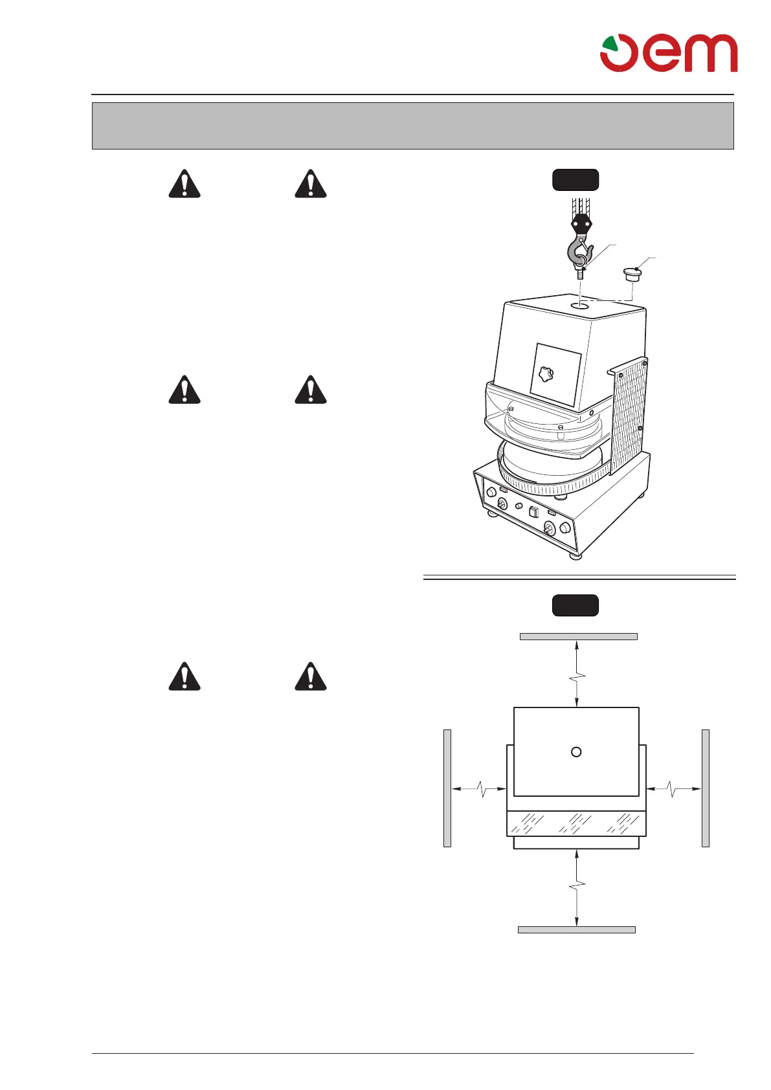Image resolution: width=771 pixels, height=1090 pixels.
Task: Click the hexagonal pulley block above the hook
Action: (x=581, y=224)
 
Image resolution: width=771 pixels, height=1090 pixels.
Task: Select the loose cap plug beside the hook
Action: (x=632, y=274)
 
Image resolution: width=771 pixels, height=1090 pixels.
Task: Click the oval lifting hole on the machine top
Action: (x=580, y=304)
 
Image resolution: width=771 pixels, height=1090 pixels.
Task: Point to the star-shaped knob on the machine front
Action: (x=546, y=374)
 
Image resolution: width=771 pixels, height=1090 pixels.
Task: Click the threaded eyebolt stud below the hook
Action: (x=580, y=274)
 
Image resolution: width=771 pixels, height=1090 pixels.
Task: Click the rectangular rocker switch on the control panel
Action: (x=533, y=513)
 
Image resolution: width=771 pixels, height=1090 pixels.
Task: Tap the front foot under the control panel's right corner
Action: (x=574, y=554)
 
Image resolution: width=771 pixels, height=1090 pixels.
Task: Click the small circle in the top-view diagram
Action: (x=576, y=751)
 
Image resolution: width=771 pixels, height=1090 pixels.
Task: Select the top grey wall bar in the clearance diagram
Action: (x=578, y=636)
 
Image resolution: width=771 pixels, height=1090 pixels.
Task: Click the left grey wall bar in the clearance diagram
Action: (x=447, y=788)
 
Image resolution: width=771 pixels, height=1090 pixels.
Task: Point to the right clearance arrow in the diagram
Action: (x=674, y=788)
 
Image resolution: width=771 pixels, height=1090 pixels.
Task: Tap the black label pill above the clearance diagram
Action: (x=575, y=605)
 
